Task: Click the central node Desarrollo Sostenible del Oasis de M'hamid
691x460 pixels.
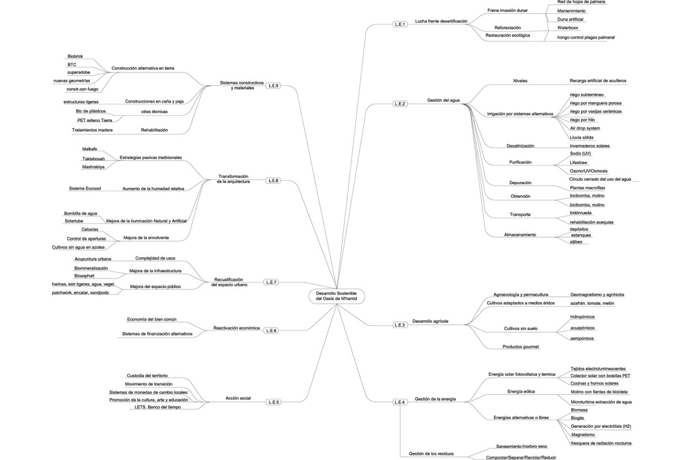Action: pyautogui.click(x=336, y=296)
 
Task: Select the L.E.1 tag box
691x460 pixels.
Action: pyautogui.click(x=400, y=24)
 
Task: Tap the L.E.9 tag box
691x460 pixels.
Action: pyautogui.click(x=273, y=86)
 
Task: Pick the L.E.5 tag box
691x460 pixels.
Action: pyautogui.click(x=274, y=401)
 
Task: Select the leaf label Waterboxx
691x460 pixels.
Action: pyautogui.click(x=568, y=27)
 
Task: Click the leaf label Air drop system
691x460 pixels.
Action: pyautogui.click(x=584, y=128)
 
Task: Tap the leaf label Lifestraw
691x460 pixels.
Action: pyautogui.click(x=579, y=163)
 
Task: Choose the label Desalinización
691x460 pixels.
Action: pyautogui.click(x=520, y=146)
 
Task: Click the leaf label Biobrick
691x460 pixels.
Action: pyautogui.click(x=75, y=56)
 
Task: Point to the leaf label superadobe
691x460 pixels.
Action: pyautogui.click(x=77, y=72)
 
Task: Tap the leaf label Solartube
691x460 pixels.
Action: pyautogui.click(x=75, y=222)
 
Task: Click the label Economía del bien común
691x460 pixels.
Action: pyautogui.click(x=152, y=319)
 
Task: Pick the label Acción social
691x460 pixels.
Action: pyautogui.click(x=237, y=398)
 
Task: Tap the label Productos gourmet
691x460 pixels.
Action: pyautogui.click(x=521, y=347)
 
